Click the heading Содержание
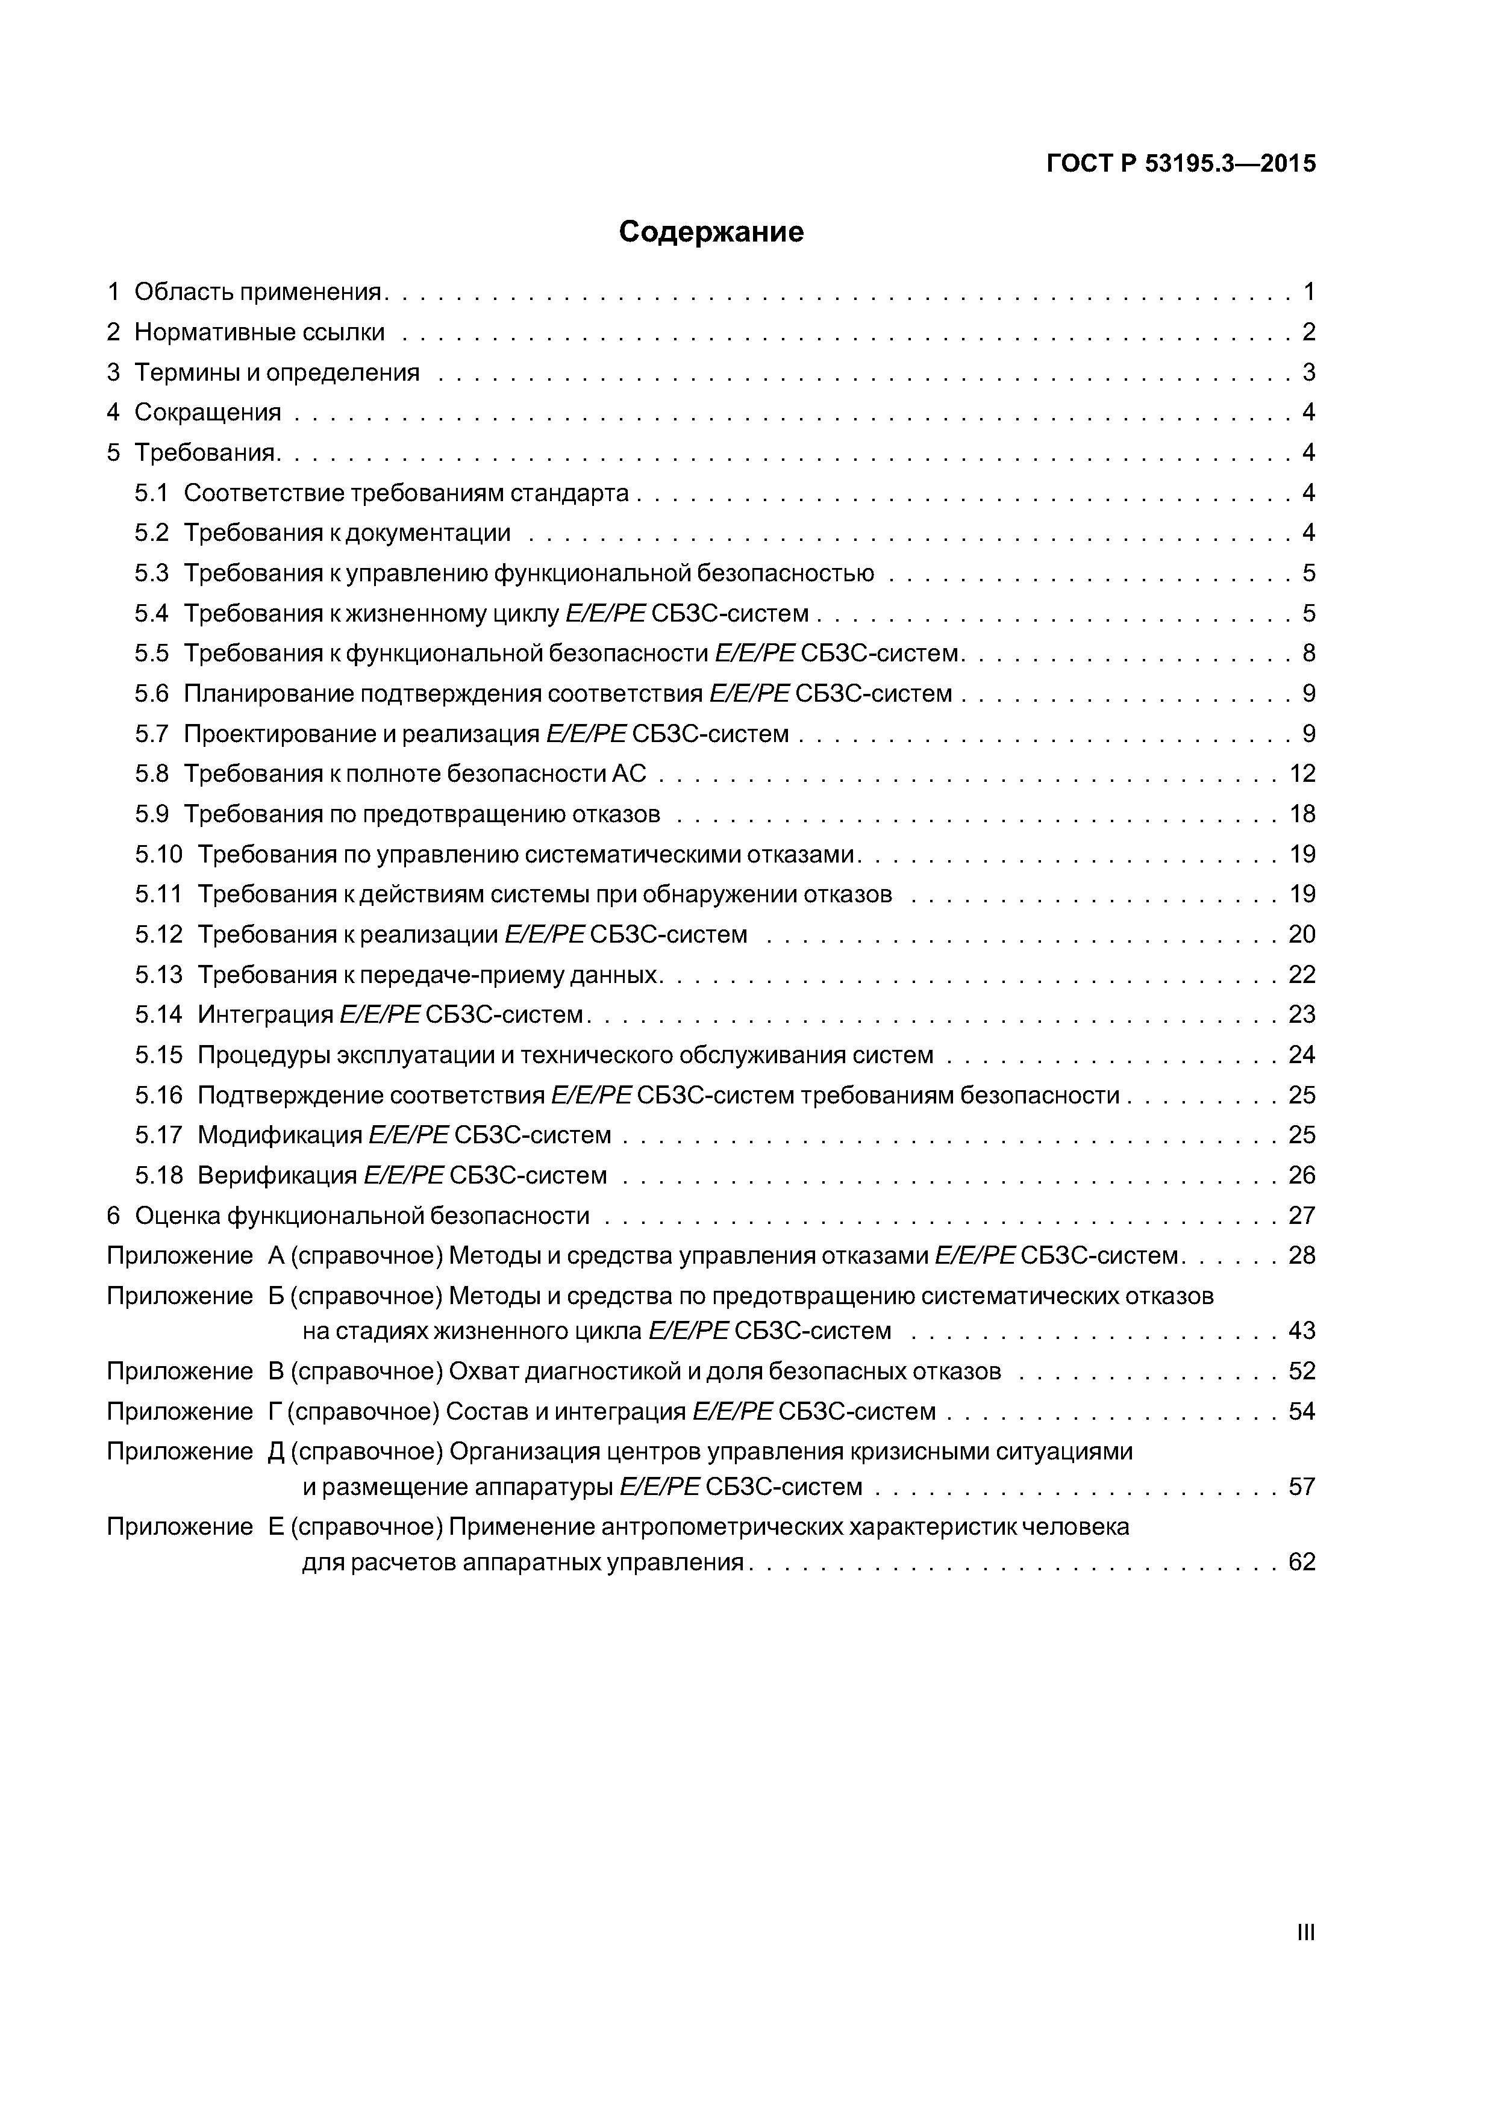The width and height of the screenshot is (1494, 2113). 711,232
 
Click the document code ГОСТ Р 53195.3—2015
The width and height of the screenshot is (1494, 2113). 1181,164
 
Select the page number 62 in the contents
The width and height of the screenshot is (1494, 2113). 1302,1562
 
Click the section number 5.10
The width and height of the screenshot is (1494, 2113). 159,854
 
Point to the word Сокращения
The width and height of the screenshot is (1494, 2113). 207,412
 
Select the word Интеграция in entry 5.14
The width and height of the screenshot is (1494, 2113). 265,1014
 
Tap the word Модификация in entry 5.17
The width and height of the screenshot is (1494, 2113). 280,1135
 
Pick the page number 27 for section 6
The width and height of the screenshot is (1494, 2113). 1302,1216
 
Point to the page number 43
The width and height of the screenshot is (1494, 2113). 1302,1331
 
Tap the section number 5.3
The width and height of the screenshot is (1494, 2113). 152,573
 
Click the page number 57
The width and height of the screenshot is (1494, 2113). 1302,1487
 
